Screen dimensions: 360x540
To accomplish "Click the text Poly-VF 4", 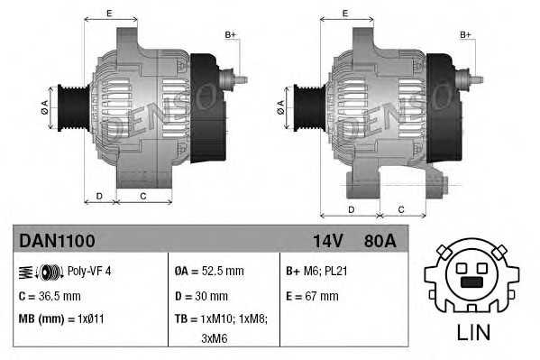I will [x=90, y=271].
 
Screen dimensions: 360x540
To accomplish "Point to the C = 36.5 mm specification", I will [x=50, y=295].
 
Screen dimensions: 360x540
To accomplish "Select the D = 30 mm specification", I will [x=201, y=295].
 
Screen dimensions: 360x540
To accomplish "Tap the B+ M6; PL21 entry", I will [x=317, y=271].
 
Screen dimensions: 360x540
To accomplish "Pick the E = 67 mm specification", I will [x=311, y=295].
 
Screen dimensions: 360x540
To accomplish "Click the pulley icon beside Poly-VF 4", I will [x=50, y=271].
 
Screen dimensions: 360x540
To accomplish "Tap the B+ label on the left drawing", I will [x=230, y=34].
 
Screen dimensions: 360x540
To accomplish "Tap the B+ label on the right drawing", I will [x=466, y=34].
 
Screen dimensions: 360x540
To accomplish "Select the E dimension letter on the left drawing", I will [x=109, y=13].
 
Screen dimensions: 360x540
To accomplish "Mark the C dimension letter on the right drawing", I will [x=400, y=209].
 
